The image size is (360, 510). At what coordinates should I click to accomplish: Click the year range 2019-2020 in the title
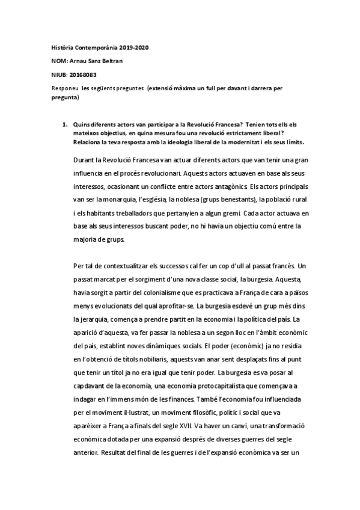tap(147, 47)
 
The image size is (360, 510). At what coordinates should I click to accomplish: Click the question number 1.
tap(64, 123)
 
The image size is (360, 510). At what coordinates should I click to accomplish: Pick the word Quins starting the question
tap(81, 123)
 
